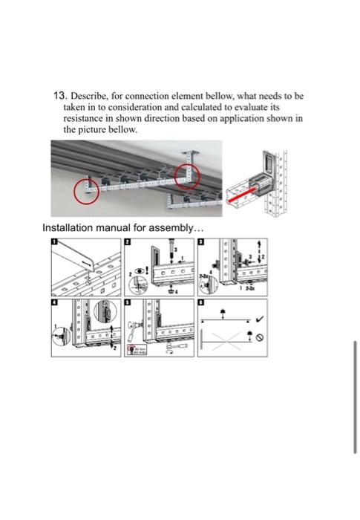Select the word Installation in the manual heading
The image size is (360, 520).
(x=70, y=227)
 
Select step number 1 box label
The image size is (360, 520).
(x=54, y=242)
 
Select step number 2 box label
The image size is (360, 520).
(x=127, y=242)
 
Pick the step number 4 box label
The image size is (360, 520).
(x=54, y=303)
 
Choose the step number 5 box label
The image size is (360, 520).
(x=127, y=303)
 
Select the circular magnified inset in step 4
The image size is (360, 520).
(x=61, y=336)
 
